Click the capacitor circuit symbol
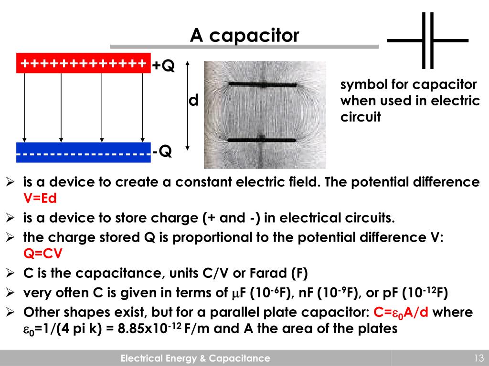coord(428,41)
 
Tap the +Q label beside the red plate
coord(164,66)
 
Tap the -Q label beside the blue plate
coord(162,152)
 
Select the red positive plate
coord(84,63)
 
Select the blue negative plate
coord(84,152)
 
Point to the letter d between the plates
coord(193,101)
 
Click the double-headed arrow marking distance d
coord(188,105)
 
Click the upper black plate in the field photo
coord(262,84)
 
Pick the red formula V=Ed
coord(43,198)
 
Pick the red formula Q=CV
coord(43,254)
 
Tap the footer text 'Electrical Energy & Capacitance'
coord(195,358)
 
